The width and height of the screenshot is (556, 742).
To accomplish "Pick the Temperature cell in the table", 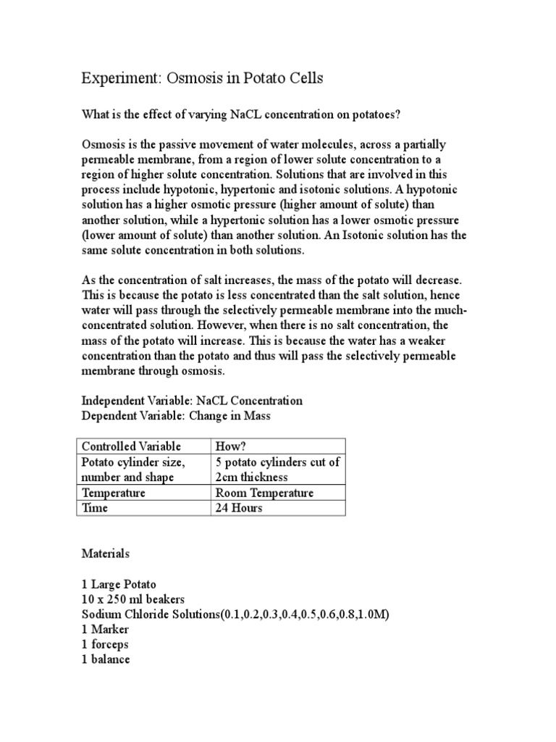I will point(114,492).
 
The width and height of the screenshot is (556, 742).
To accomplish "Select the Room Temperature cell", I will point(264,492).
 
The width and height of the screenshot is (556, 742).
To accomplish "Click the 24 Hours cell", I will point(239,507).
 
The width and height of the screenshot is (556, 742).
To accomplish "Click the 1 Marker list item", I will point(105,630).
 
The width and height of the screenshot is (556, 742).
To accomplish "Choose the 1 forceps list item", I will point(107,644).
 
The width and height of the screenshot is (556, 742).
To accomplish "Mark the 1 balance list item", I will point(106,659).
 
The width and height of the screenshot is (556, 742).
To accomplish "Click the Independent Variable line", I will point(192,400).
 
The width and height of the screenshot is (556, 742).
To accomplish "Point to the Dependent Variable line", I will point(177,415).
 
